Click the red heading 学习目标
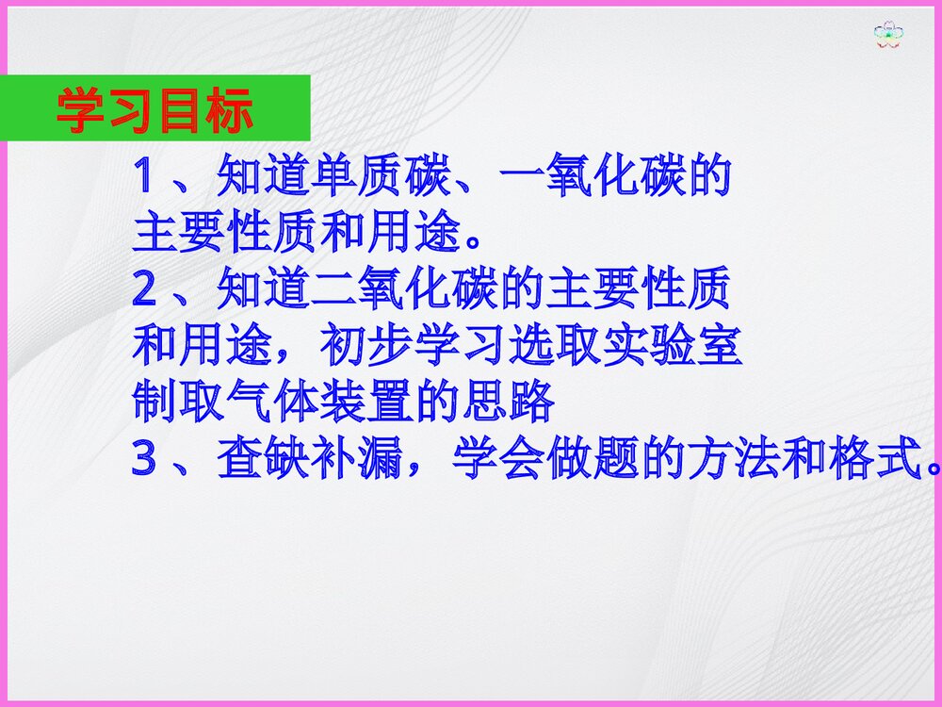(x=155, y=111)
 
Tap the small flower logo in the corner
(x=888, y=36)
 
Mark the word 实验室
(x=674, y=348)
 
